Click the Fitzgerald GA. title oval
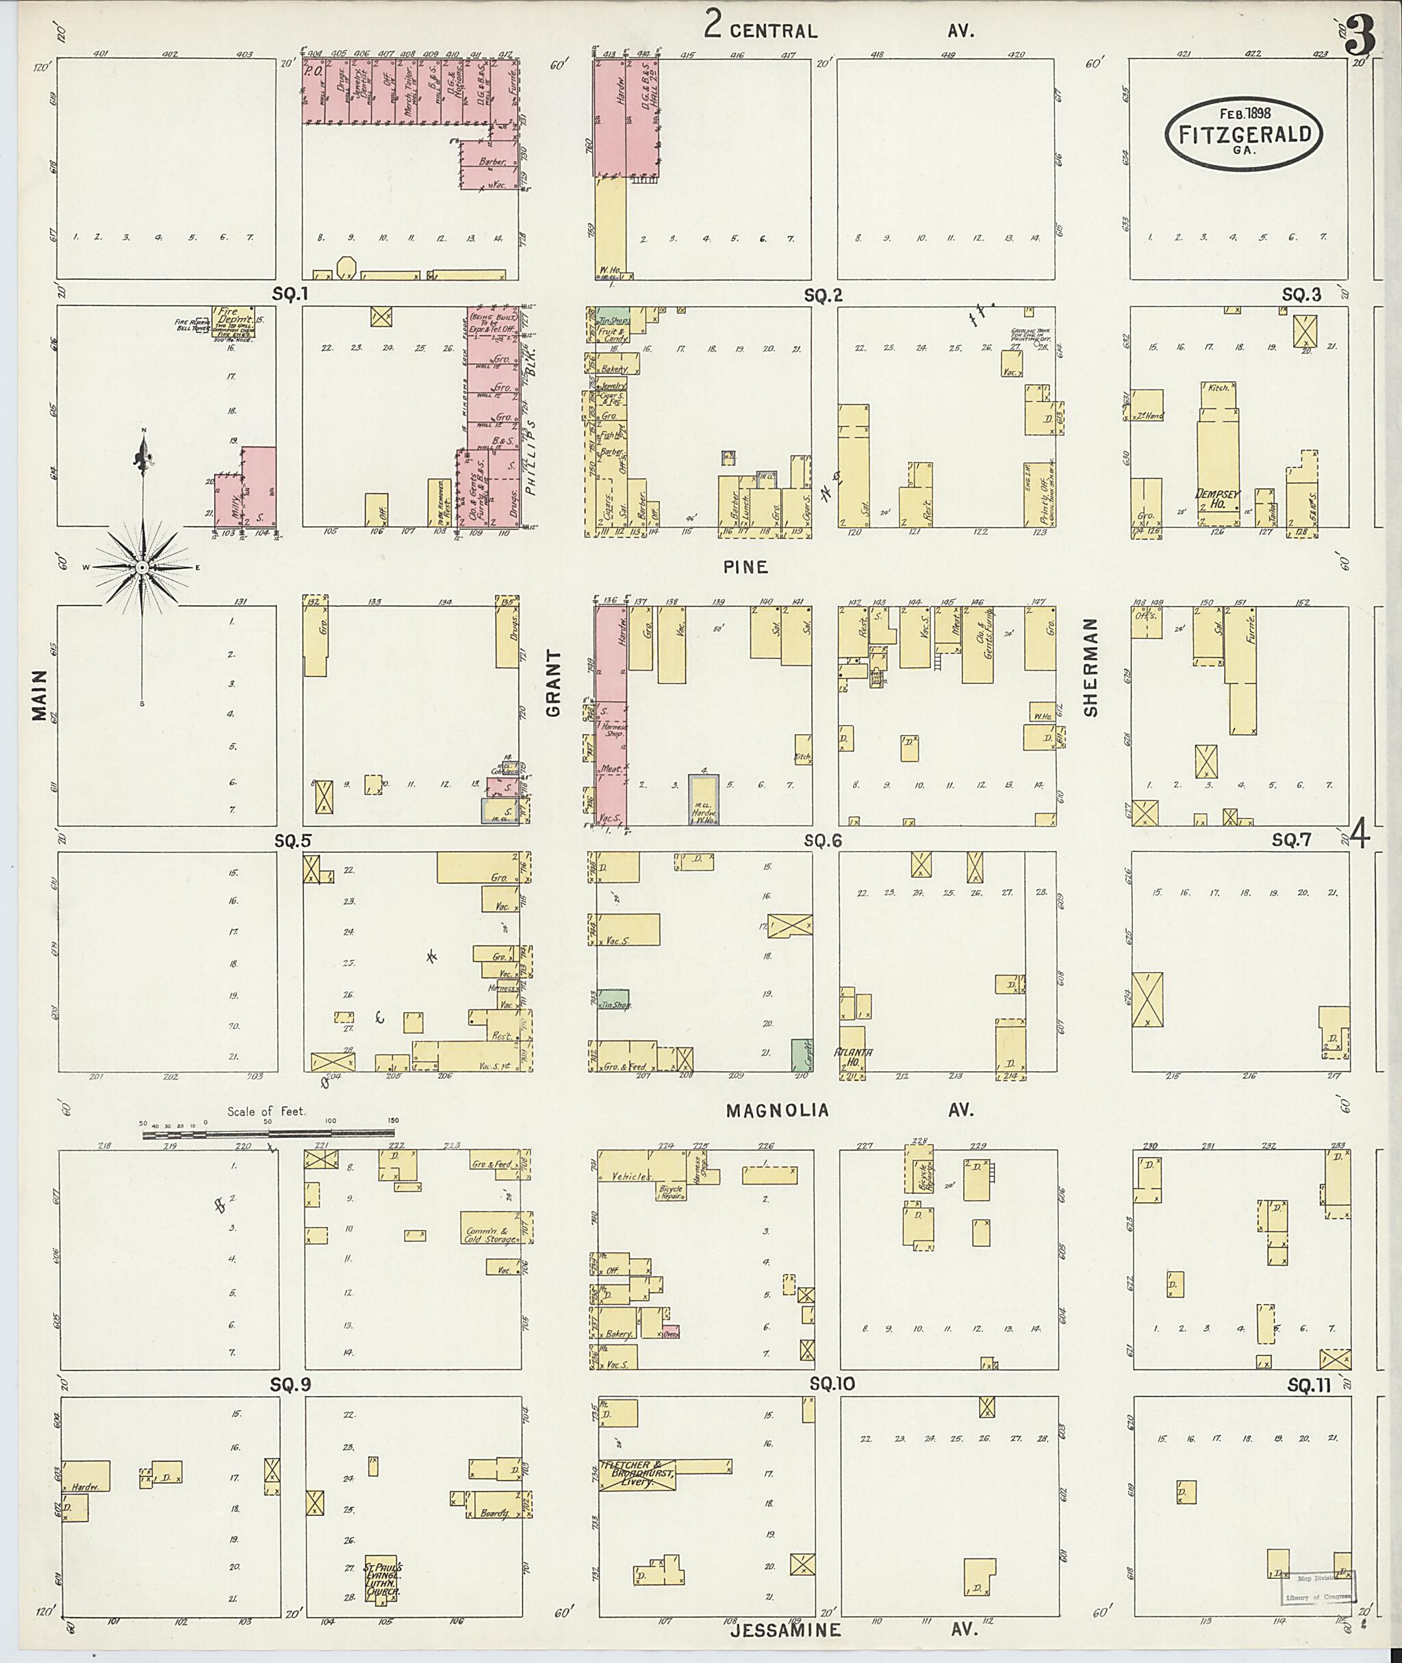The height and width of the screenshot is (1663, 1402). tap(1244, 134)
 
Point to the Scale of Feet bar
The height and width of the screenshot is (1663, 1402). tap(270, 1134)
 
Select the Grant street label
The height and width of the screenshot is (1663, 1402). tap(553, 683)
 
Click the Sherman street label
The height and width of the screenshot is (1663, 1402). tap(1091, 667)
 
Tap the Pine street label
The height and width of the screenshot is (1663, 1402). tap(745, 567)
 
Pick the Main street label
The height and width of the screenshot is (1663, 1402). tap(39, 695)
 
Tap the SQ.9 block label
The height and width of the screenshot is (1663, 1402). tap(290, 1385)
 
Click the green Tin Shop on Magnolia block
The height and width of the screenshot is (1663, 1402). tap(613, 1000)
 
